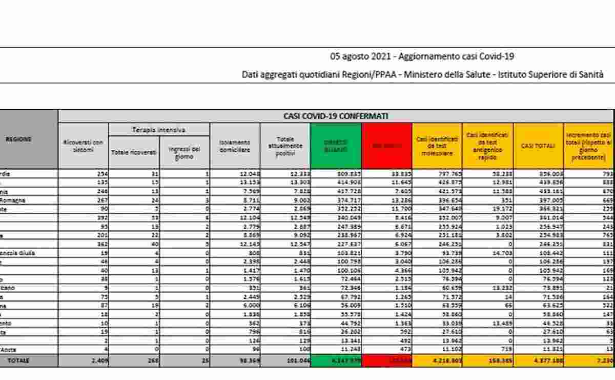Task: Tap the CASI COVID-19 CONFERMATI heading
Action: click(x=336, y=116)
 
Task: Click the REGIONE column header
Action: click(x=19, y=139)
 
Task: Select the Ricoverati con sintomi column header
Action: click(x=83, y=145)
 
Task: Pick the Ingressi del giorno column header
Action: click(x=183, y=152)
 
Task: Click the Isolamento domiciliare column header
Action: click(x=235, y=145)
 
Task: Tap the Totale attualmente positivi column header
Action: click(x=285, y=145)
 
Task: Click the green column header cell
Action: click(x=336, y=145)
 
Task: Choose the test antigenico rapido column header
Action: click(x=487, y=145)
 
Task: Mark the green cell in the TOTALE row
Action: click(x=336, y=361)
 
